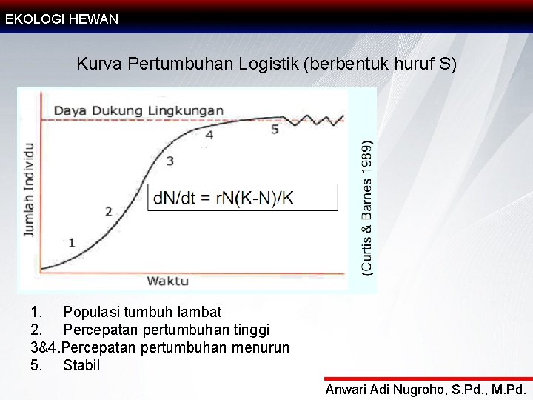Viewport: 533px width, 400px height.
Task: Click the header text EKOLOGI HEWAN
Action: [x=61, y=19]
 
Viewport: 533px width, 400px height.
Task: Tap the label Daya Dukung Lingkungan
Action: [x=138, y=110]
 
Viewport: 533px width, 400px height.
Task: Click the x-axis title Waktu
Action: [x=167, y=280]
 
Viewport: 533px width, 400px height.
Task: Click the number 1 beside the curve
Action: [x=72, y=242]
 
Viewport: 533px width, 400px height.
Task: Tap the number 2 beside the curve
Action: [x=109, y=211]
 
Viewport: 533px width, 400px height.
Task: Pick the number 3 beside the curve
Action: [x=170, y=160]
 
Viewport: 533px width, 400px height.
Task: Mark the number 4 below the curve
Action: [x=209, y=135]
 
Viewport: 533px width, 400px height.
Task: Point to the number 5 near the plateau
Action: [x=275, y=129]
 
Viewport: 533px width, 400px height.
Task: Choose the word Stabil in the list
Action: [x=81, y=365]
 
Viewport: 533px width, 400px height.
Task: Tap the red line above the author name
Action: [x=428, y=379]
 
